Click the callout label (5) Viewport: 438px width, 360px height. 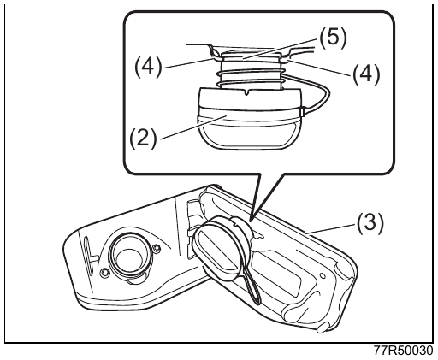[333, 38]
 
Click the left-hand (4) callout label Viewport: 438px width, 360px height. [148, 68]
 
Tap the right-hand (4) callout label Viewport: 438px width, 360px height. [366, 74]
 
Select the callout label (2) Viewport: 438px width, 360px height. [143, 138]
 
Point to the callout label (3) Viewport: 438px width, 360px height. [370, 223]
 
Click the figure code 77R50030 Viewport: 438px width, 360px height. [403, 351]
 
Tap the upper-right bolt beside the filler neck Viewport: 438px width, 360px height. [156, 249]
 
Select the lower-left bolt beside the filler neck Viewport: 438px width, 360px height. [105, 273]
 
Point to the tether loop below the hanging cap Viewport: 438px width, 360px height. [253, 288]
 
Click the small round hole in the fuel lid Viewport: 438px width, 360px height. [323, 275]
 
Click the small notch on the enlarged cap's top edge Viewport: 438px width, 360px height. [248, 92]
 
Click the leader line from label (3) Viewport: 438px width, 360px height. [330, 228]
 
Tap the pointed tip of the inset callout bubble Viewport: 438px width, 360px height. [251, 221]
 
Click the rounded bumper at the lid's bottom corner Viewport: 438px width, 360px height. [323, 328]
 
